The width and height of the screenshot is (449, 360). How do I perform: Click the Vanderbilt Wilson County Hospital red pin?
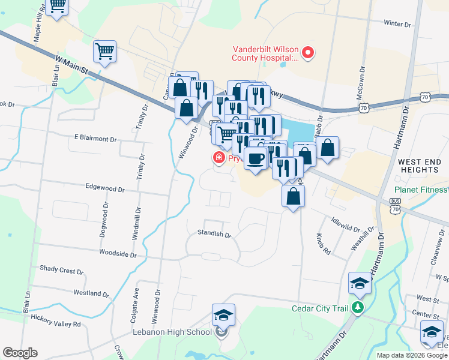pyautogui.click(x=308, y=53)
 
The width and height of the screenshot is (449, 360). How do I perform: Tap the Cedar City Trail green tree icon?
pyautogui.click(x=358, y=308)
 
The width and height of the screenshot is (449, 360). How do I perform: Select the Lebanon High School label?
pyautogui.click(x=172, y=332)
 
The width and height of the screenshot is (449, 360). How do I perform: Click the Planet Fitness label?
pyautogui.click(x=420, y=190)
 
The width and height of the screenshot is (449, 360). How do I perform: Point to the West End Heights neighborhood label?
pyautogui.click(x=418, y=166)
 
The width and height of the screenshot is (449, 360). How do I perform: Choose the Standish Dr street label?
pyautogui.click(x=214, y=235)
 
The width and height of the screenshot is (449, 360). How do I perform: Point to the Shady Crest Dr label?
pyautogui.click(x=61, y=271)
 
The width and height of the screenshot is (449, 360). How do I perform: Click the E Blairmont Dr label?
pyautogui.click(x=95, y=139)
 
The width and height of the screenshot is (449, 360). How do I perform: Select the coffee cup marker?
pyautogui.click(x=256, y=158)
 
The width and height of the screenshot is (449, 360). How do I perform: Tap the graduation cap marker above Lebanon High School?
pyautogui.click(x=223, y=314)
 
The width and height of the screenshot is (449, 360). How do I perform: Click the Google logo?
pyautogui.click(x=20, y=353)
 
